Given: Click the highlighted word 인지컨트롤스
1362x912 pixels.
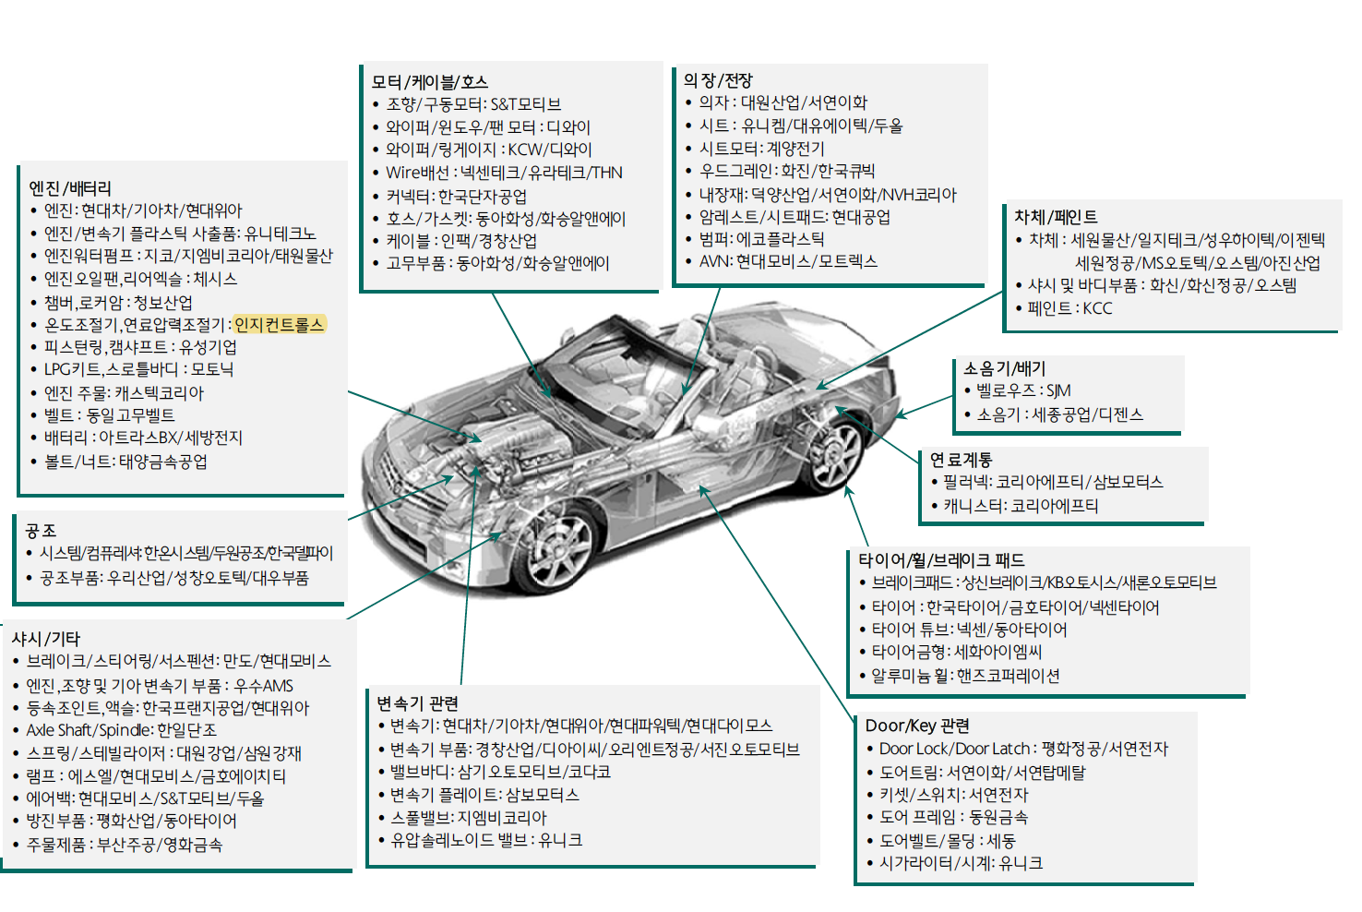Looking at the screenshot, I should pos(280,324).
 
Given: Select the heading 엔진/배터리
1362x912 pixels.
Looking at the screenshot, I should pos(70,188).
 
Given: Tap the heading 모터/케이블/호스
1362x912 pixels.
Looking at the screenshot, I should pos(430,82).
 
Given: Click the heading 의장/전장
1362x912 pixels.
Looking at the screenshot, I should pos(718,80).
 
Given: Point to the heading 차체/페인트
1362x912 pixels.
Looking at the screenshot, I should pos(1056,217).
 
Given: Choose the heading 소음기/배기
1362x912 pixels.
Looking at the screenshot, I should pos(1005,368).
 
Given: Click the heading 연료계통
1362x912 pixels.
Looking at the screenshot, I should pos(961,460).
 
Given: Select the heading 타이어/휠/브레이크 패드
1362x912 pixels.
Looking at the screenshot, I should pos(941,560).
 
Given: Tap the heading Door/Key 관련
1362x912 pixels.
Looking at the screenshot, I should pos(917,726).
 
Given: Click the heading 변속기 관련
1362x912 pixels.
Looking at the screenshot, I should pos(417,703).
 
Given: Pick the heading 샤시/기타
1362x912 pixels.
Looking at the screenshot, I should pos(46,639).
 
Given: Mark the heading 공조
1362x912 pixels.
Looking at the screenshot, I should pos(41,531).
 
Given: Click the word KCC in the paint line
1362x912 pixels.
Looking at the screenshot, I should pos(1097,308).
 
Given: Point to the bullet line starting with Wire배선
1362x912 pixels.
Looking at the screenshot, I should pos(504,173).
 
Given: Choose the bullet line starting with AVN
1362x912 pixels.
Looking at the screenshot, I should pos(788,261).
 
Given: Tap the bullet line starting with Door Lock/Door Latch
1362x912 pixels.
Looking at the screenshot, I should pos(1023,749).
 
